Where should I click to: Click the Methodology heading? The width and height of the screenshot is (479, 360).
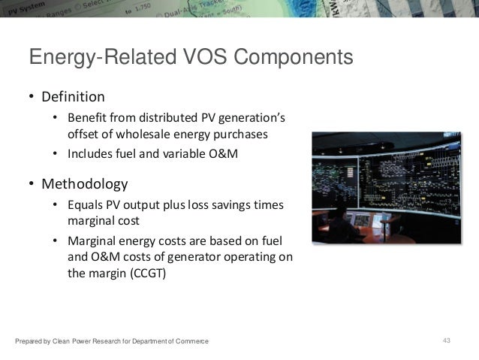(x=84, y=184)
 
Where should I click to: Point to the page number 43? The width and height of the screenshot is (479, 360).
(x=447, y=342)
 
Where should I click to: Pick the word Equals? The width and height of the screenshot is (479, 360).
(x=86, y=206)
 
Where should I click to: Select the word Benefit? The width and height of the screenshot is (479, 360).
(x=86, y=119)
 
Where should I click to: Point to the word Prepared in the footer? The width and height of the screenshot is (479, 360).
(x=29, y=343)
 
